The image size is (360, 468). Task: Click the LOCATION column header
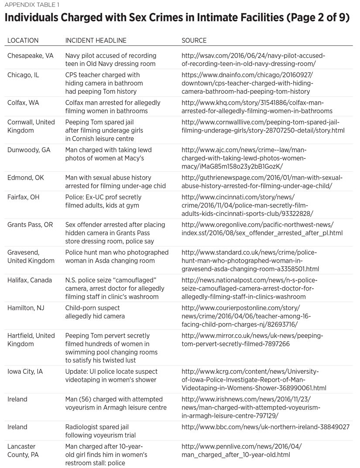23,41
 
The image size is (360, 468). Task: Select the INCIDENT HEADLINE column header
96,41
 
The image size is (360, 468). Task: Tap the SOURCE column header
194,41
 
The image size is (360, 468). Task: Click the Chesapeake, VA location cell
31,56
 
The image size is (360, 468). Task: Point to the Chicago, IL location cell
23,75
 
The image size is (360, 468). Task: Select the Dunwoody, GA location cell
29,150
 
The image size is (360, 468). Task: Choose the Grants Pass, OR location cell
31,225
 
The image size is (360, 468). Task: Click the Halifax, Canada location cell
29,280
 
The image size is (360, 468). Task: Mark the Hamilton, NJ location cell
26,308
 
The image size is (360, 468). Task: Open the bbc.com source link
265,427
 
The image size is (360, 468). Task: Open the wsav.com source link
253,60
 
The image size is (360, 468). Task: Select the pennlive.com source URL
241,451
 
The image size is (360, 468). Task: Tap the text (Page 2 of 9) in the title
314,20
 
